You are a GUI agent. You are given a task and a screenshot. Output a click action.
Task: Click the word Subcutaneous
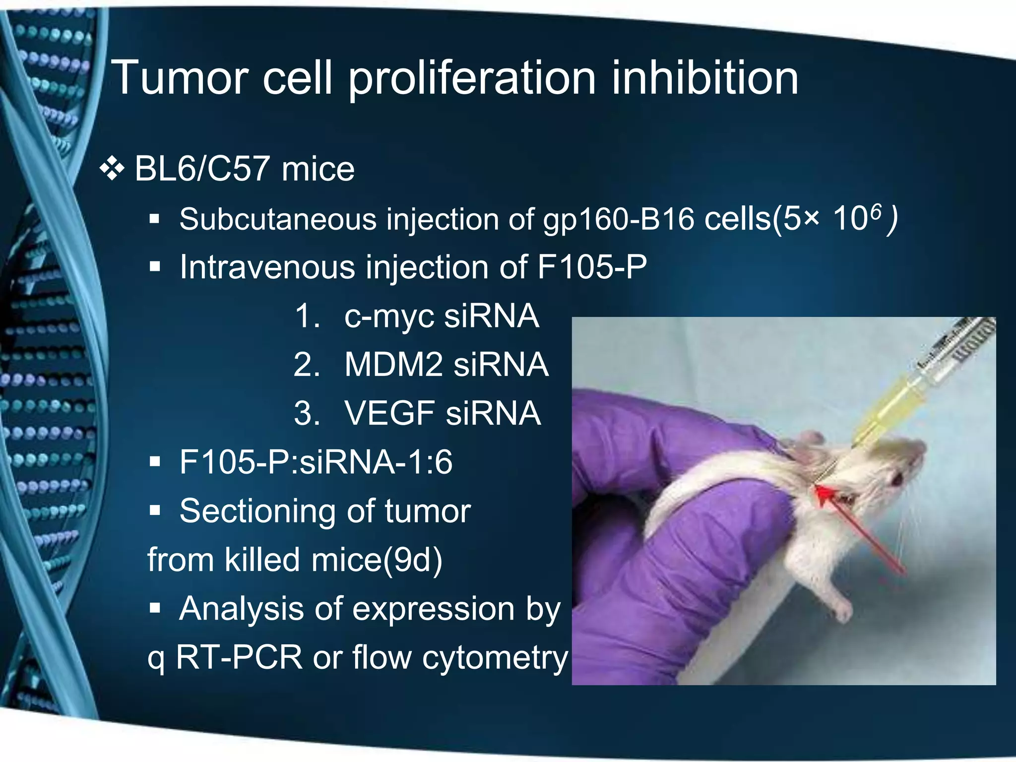click(278, 219)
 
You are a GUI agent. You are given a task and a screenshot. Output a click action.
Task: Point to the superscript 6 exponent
click(876, 212)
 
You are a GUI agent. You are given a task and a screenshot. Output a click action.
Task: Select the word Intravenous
click(267, 267)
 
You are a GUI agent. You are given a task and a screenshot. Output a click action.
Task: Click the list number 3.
click(306, 414)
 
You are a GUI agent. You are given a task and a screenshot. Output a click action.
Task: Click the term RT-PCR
click(239, 658)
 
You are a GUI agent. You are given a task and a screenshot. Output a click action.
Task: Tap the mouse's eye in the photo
click(898, 479)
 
